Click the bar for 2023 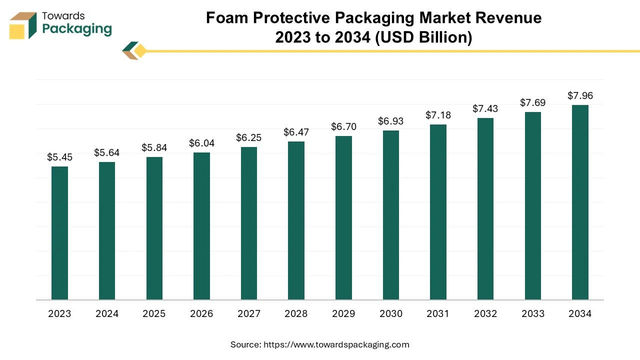click(x=59, y=233)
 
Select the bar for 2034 click(x=580, y=202)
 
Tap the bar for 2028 click(x=296, y=220)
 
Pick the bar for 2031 click(x=438, y=212)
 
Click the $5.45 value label click(x=59, y=157)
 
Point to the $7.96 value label click(x=580, y=95)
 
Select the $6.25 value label click(x=249, y=137)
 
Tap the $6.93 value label click(x=390, y=121)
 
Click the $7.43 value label click(x=485, y=108)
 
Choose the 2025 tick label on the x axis click(x=154, y=314)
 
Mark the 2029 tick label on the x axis click(x=343, y=314)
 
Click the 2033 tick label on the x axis click(x=532, y=314)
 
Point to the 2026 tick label click(x=201, y=314)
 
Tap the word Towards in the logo click(x=63, y=16)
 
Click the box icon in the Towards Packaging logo click(x=23, y=26)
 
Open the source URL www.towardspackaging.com click(x=336, y=344)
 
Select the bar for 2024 click(x=107, y=231)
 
